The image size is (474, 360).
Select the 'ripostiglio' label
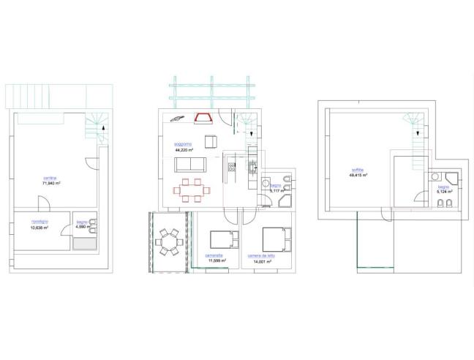coord(39,222)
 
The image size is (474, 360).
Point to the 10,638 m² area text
coord(39,228)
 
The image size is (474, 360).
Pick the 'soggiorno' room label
coord(183,143)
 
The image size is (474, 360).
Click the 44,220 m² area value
coord(184,149)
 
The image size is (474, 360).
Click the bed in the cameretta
coord(222,240)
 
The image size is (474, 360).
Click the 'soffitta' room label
coord(358,170)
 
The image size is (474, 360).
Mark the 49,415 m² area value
coord(358,176)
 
